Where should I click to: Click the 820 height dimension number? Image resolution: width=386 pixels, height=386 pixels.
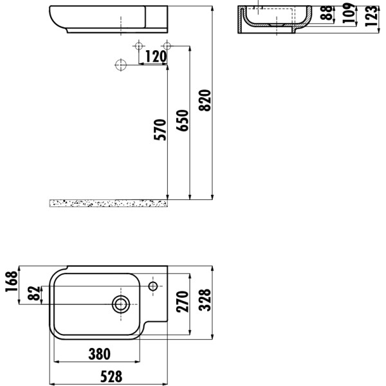(x=205, y=100)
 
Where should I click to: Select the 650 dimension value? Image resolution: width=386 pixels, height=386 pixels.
(x=183, y=120)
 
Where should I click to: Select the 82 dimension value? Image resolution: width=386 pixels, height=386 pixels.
(x=35, y=295)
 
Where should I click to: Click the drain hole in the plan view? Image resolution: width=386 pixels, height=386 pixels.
(x=120, y=304)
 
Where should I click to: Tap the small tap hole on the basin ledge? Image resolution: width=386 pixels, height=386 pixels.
(x=154, y=285)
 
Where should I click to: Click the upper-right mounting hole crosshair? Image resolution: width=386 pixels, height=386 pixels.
(x=167, y=46)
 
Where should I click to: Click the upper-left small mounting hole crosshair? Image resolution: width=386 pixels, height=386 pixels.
(x=138, y=46)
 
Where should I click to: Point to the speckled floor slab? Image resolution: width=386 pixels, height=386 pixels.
(x=108, y=203)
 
